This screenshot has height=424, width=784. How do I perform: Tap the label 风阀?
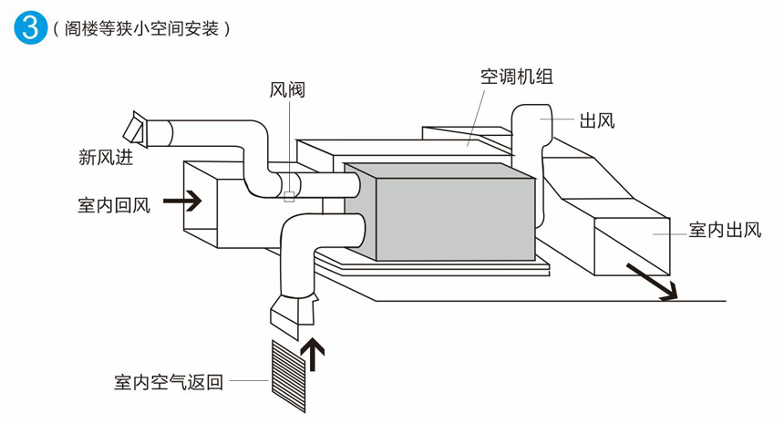coord(286,89)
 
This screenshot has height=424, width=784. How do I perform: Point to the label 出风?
coord(598,119)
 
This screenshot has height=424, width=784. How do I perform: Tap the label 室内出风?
coord(724,229)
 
